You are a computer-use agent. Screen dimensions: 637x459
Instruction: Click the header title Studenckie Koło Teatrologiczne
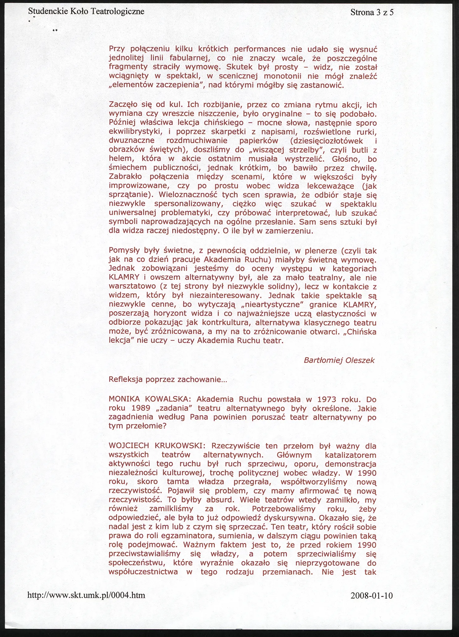click(x=86, y=12)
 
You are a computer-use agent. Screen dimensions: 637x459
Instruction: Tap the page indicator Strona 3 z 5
click(x=372, y=12)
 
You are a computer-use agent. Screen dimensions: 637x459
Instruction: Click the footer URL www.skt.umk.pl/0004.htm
click(x=87, y=595)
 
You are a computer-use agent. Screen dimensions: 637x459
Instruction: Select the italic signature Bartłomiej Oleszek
click(x=339, y=360)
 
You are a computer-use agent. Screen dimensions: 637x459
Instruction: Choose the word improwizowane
click(x=140, y=186)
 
